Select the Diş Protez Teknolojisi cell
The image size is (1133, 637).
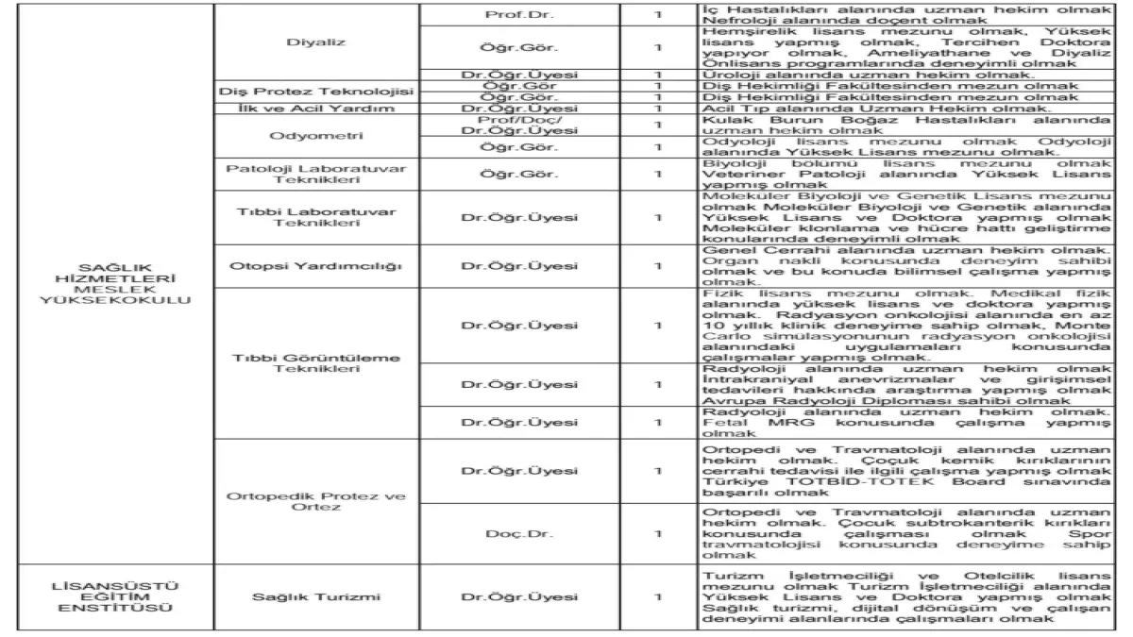(317, 92)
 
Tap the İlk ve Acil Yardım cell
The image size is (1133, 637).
(317, 109)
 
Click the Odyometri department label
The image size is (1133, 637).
(317, 135)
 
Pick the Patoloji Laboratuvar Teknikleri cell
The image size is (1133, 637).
(317, 175)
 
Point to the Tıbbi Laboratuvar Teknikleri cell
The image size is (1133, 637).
(317, 216)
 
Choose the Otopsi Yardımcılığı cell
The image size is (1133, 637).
(317, 266)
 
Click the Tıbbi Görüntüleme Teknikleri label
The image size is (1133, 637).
(317, 363)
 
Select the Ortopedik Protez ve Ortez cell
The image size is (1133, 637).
(317, 500)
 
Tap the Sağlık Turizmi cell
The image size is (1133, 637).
(317, 596)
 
